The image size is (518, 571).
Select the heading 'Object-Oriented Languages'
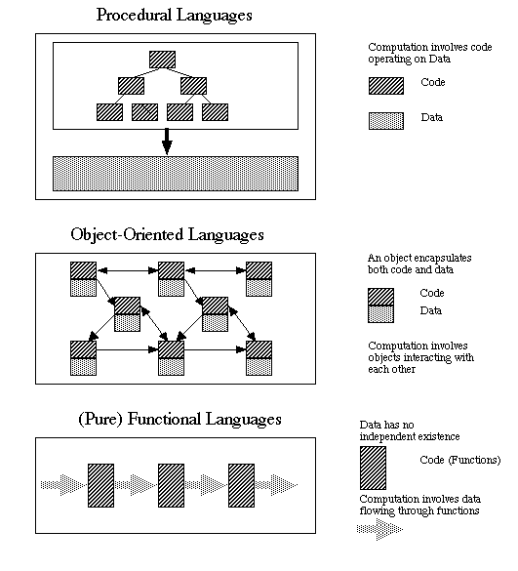167,235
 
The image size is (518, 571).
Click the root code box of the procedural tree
162,60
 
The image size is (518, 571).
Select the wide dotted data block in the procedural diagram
175,174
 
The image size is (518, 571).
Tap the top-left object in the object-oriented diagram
82,278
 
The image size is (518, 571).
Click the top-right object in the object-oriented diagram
258,278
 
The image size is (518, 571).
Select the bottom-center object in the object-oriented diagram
172,357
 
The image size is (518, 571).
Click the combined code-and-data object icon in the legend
381,305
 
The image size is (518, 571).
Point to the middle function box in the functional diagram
172,484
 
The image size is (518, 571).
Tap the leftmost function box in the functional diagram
101,484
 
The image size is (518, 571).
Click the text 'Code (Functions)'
459,460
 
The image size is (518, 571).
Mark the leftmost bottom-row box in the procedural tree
109,111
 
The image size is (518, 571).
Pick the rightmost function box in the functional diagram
241,484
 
